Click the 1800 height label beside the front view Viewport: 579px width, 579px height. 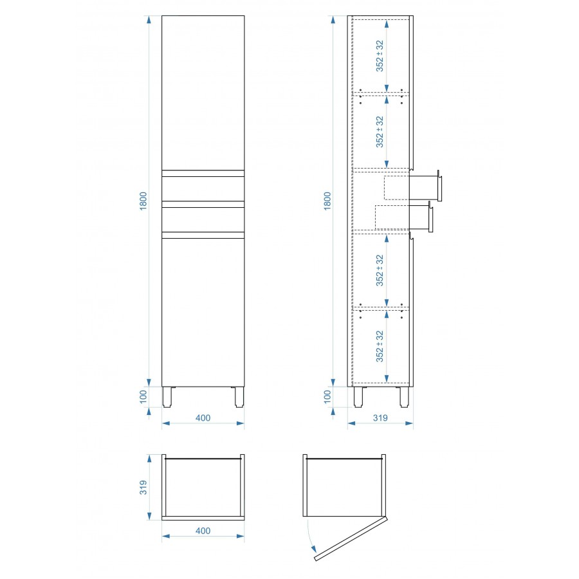pos(143,201)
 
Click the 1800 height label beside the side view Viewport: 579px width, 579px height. pos(327,201)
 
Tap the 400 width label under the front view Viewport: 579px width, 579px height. pos(203,418)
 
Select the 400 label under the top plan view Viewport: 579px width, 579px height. pos(203,531)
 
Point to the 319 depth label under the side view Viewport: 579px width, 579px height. pos(380,418)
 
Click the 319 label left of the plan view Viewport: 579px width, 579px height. pos(143,488)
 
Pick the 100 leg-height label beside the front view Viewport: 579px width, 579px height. pos(143,396)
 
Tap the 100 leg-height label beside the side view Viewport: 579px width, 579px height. pos(327,396)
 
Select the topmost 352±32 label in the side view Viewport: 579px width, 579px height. pos(380,56)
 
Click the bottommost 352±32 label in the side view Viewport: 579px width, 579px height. pos(380,346)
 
